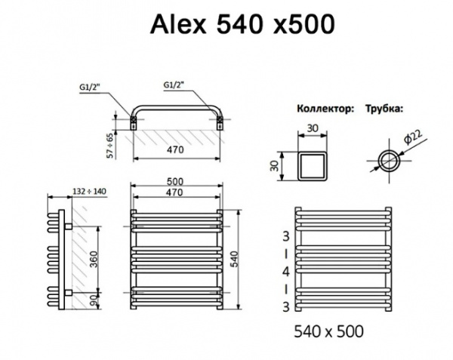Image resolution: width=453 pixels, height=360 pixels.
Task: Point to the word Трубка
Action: (384, 109)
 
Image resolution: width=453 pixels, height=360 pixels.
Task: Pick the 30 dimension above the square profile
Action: (313, 129)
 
